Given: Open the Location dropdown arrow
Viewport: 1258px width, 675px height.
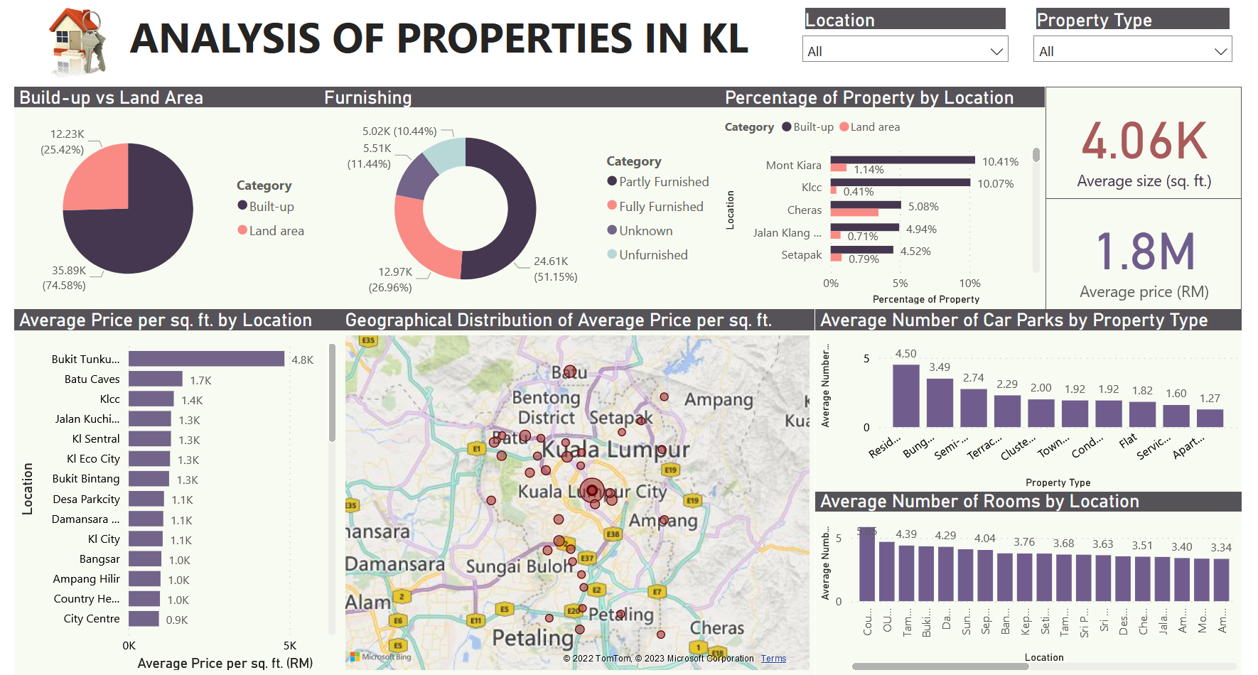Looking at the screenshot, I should pos(996,51).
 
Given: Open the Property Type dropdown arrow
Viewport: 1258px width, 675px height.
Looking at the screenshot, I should pos(1220,51).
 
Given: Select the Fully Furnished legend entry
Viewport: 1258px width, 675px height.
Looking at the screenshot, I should pos(660,207).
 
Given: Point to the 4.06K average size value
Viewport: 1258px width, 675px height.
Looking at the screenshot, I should pos(1144,141).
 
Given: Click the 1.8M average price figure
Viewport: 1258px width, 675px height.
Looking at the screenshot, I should pos(1144,252).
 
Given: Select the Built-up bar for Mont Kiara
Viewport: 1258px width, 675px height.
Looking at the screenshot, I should pos(902,160).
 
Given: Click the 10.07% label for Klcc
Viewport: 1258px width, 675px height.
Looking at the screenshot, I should pos(995,184).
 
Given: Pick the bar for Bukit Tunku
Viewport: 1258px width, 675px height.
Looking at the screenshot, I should pos(206,359).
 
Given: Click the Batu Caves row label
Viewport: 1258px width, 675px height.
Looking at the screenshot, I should pos(92,379).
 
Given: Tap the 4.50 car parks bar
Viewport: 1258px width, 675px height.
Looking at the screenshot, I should pos(905,395).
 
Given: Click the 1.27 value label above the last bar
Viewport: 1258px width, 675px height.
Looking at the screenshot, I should pos(1209,399).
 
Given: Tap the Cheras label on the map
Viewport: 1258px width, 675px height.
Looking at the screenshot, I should pos(716,628).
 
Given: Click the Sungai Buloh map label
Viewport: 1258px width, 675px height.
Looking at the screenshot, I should pos(520,566).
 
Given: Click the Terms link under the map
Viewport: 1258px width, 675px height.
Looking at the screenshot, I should pos(773,659).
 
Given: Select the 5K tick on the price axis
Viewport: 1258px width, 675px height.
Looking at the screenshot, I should pos(290,646).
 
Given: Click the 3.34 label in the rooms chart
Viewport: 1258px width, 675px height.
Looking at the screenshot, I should pos(1220,548).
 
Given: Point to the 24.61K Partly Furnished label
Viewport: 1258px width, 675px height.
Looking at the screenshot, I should pos(551,261).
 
